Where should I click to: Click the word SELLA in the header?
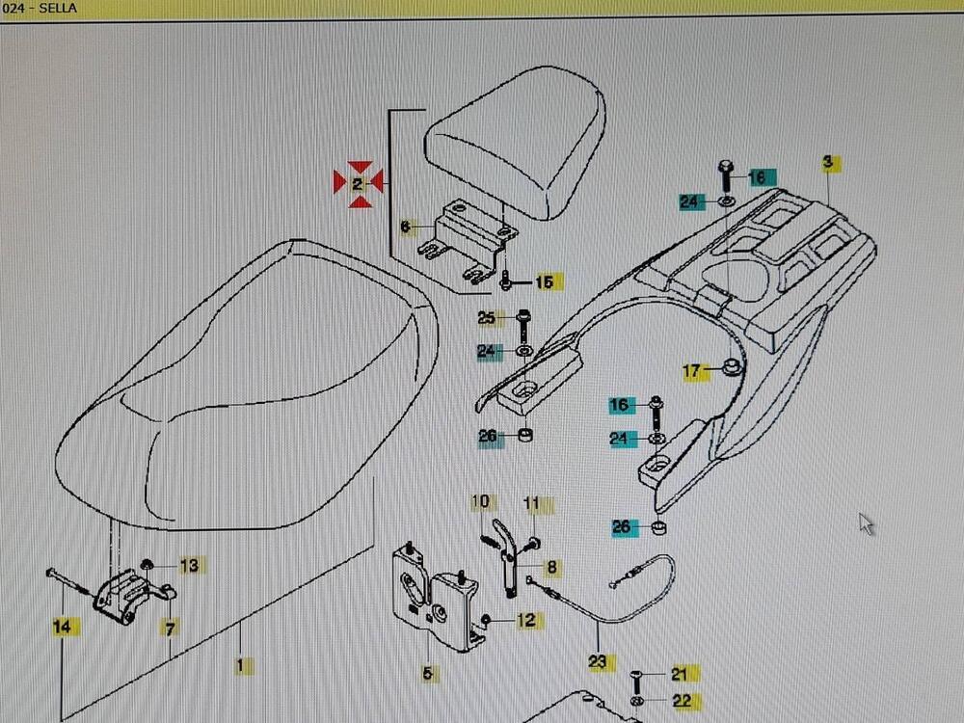58,8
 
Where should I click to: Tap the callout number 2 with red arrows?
358,184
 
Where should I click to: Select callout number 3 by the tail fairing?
828,162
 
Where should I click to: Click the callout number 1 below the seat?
240,664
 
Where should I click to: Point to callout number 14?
62,627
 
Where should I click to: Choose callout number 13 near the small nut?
190,565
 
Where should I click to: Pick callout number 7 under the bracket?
171,629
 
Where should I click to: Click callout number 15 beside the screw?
545,281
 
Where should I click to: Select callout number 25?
487,318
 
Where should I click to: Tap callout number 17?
691,371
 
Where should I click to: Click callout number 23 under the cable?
598,661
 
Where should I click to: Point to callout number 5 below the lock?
427,673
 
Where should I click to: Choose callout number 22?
682,700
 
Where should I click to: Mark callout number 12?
526,620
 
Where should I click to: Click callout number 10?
481,501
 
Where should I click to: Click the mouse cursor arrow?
867,523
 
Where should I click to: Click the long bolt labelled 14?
68,581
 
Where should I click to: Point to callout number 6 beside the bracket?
405,227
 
